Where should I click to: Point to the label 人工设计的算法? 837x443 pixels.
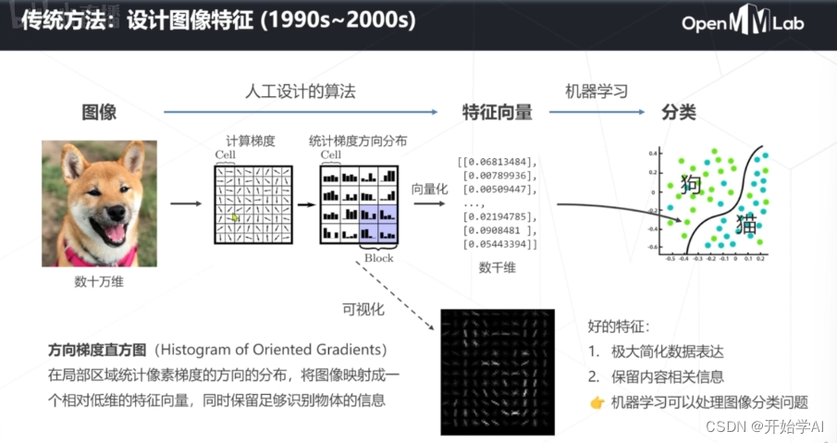pyautogui.click(x=301, y=92)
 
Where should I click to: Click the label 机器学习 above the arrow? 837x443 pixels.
pyautogui.click(x=597, y=92)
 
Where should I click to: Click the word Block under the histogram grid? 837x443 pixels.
pyautogui.click(x=379, y=258)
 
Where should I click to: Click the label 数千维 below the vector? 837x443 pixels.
pyautogui.click(x=498, y=267)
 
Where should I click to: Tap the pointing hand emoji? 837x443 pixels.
pyautogui.click(x=597, y=402)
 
